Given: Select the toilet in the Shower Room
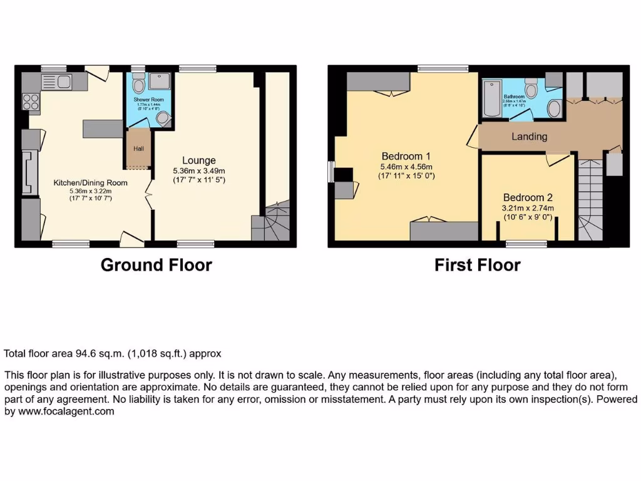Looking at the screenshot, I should coord(139,83).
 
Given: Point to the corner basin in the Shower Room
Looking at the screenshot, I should coord(163,119).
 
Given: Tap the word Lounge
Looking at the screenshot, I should coord(199,160).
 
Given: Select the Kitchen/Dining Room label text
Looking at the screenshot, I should coord(90,183).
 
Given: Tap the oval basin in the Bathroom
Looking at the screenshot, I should coord(555,108).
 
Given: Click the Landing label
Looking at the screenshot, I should coord(529,137).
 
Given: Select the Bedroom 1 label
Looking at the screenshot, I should coord(406,156).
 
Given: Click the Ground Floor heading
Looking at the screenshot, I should coord(156,265).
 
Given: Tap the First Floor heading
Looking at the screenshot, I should coord(477,265).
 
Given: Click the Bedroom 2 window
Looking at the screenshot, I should coord(525,243).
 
